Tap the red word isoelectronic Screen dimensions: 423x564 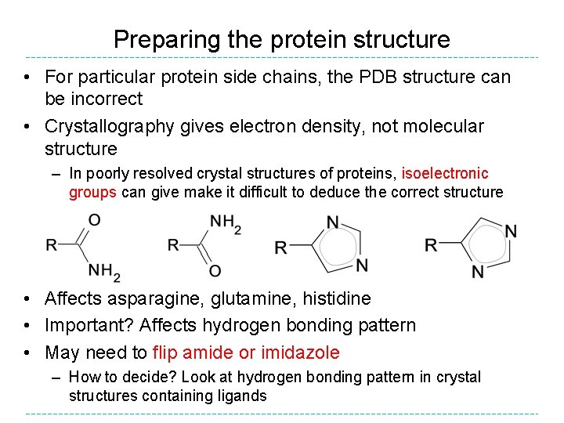tap(444, 173)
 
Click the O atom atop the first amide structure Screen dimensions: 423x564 tap(94, 220)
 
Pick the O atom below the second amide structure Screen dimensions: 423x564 tap(215, 271)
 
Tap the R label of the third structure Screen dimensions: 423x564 tap(280, 248)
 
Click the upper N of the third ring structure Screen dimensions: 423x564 tap(332, 224)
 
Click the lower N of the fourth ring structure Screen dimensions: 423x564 tap(478, 272)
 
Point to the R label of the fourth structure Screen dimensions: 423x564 tap(430, 245)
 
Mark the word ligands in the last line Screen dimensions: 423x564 tap(244, 396)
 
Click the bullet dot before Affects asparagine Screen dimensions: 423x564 tap(27, 298)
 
